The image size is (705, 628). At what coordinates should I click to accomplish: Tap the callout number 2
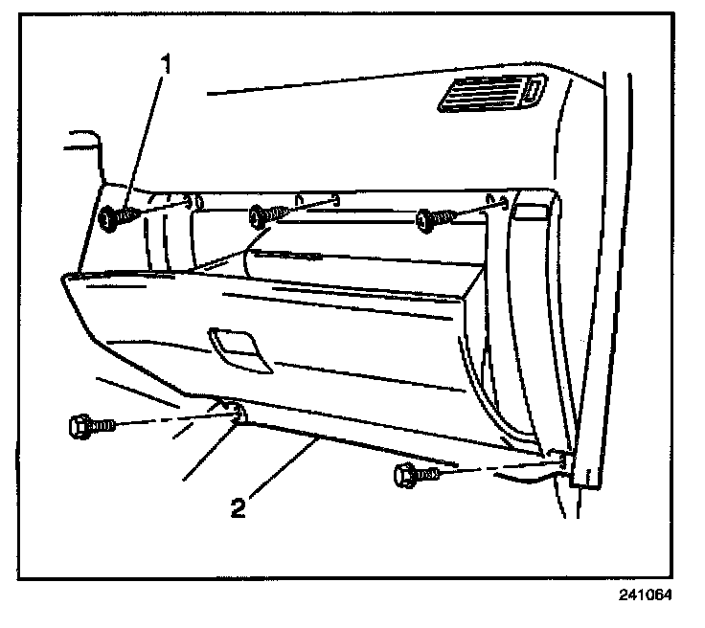237,505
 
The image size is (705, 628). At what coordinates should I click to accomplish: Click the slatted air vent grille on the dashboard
489,96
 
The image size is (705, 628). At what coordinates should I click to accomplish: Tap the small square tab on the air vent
530,91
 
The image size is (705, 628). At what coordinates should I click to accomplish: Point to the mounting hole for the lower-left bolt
234,414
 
